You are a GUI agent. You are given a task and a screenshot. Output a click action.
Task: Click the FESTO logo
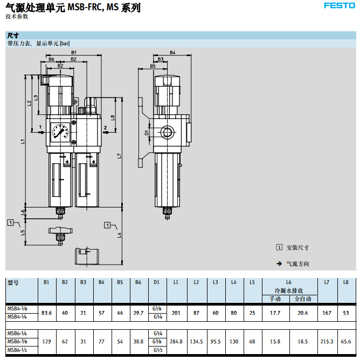pos(338,6)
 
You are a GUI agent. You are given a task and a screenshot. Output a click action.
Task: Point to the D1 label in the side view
pos(147,131)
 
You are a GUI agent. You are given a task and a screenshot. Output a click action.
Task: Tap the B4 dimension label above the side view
pos(172,52)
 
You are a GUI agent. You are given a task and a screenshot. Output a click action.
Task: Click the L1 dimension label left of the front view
pos(23,142)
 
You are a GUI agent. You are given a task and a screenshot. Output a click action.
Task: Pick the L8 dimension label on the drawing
pos(113,117)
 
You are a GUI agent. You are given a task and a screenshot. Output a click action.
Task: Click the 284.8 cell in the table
pos(176,341)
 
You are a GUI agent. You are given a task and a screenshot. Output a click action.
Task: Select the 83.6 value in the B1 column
pos(46,313)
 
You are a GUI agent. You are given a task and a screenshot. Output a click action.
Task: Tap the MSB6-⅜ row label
pos(18,341)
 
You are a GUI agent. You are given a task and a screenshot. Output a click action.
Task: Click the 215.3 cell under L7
pos(327,341)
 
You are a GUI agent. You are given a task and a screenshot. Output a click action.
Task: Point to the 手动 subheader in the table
pos(275,299)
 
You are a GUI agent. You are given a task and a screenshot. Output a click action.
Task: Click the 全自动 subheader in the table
pos(303,299)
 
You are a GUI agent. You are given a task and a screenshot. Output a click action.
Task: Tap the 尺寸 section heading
pos(13,35)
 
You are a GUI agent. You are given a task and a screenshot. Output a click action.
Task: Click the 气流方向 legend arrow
pos(279,264)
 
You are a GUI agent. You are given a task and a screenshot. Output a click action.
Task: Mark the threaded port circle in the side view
pos(167,131)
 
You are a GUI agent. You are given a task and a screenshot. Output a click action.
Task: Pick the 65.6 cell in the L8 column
pos(345,341)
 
